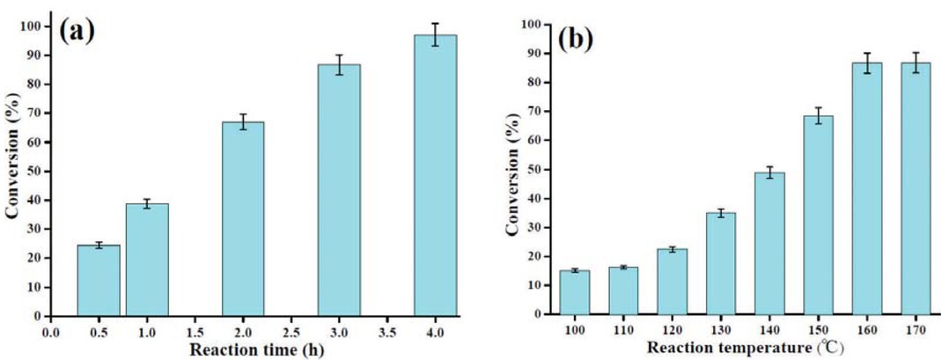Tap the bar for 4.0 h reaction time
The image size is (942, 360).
tap(435, 175)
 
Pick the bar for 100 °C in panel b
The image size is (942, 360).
tap(575, 291)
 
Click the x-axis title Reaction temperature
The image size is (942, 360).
tap(740, 349)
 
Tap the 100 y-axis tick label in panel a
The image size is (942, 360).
tap(32, 26)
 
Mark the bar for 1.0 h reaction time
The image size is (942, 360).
tap(147, 259)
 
